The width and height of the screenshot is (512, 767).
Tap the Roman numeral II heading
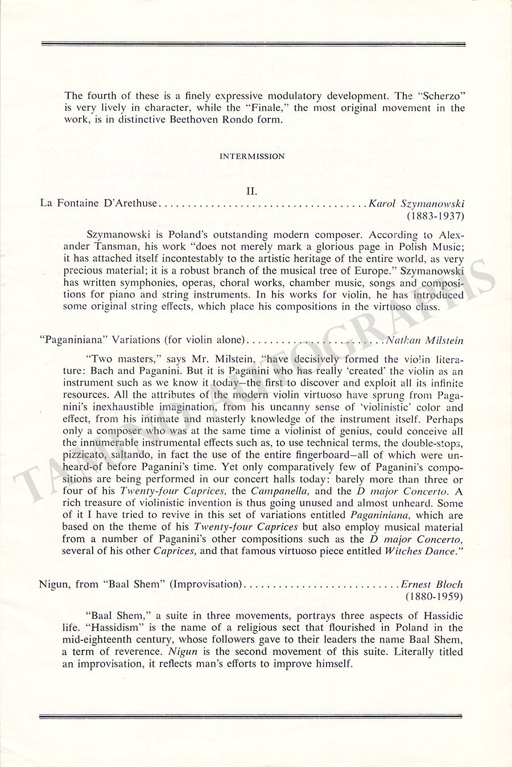(252, 191)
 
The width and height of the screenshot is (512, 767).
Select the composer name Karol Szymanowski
(416, 203)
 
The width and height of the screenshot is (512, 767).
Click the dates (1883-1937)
(435, 216)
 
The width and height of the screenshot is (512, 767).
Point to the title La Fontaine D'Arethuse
(98, 203)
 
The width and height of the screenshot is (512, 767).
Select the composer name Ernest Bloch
(432, 584)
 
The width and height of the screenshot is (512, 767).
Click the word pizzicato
(84, 455)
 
